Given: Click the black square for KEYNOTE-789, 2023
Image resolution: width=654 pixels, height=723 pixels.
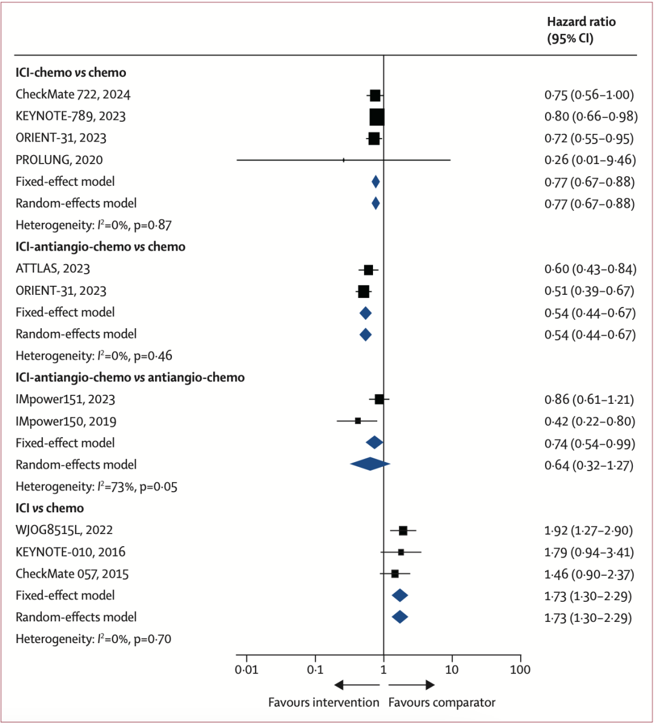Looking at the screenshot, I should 377,116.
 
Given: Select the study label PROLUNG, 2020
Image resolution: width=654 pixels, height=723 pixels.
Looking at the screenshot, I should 59,160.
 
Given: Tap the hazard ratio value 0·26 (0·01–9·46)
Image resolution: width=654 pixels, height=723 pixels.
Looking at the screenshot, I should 589,160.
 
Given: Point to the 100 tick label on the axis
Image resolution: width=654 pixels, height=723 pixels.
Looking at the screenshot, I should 520,670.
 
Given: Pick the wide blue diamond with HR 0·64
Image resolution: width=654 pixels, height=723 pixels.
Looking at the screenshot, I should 370,464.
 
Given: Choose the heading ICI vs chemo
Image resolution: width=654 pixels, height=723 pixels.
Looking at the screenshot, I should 50,508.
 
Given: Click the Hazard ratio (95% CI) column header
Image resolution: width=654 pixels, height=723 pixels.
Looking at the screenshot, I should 581,30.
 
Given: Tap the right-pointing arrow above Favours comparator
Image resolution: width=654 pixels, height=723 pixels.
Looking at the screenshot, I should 412,685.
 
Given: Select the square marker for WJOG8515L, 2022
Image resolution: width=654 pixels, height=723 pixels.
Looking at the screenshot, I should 403,530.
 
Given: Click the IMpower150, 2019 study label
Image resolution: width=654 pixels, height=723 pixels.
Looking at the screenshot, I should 66,421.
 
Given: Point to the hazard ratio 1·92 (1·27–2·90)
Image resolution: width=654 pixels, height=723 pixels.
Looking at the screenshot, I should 589,530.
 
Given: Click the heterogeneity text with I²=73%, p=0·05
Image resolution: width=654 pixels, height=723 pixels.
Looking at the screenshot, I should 96,486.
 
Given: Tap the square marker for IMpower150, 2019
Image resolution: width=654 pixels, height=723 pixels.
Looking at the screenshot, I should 358,421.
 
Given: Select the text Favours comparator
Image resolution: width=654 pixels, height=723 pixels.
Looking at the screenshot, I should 441,702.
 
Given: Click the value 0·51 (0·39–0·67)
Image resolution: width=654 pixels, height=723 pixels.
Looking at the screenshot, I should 589,291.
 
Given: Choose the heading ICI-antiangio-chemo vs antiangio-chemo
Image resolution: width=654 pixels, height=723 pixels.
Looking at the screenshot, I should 130,377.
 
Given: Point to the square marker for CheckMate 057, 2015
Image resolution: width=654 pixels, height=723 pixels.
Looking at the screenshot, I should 395,573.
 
